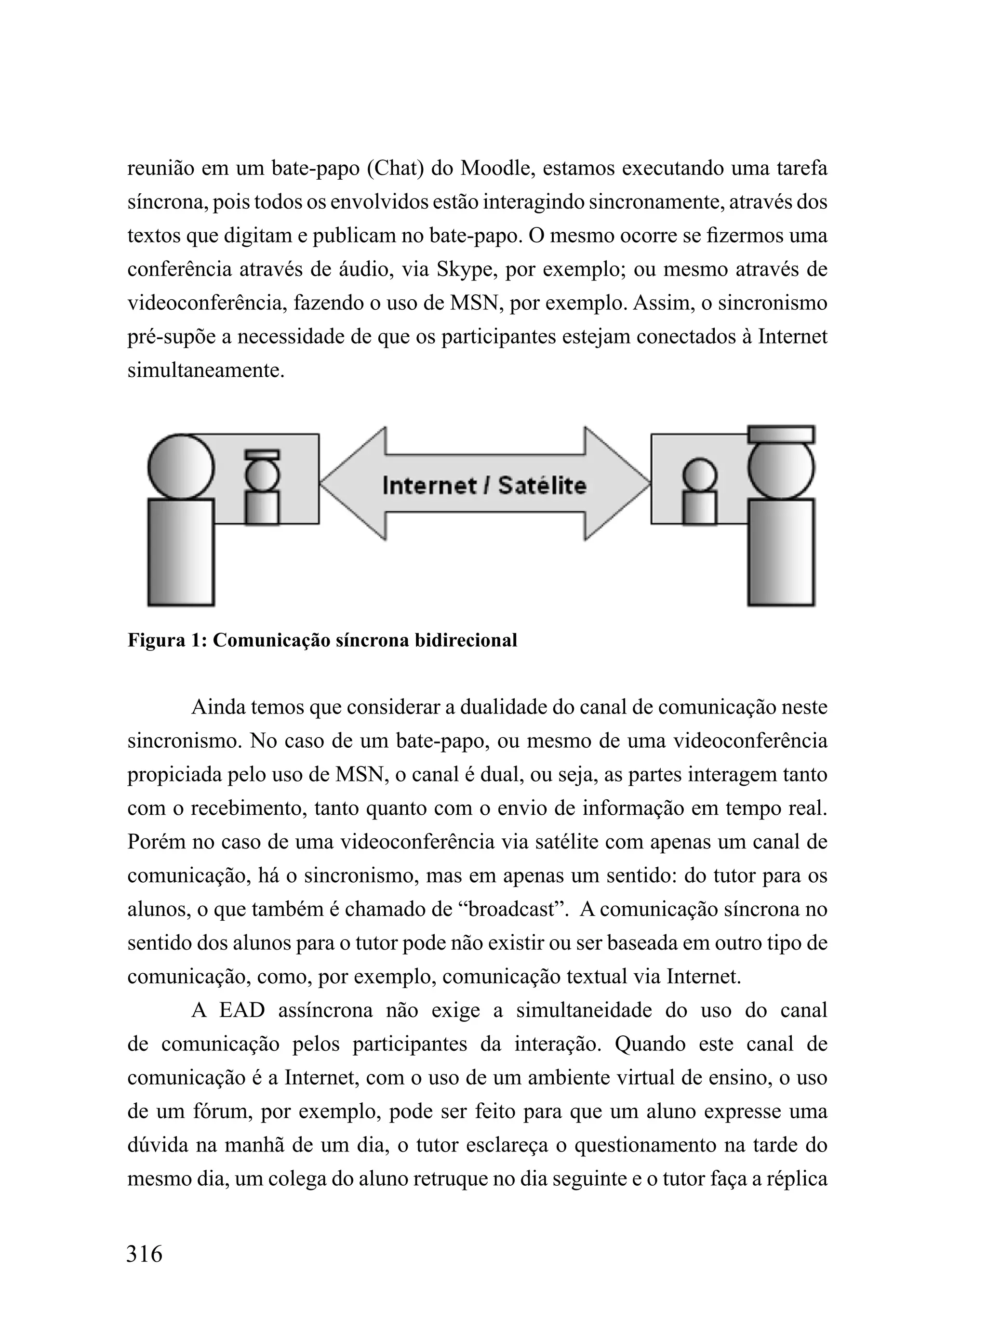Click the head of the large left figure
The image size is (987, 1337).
tap(181, 466)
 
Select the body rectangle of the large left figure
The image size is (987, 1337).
tap(181, 552)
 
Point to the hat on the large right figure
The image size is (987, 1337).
tap(781, 434)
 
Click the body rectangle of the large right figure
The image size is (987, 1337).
tap(781, 552)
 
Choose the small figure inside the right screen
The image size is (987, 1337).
tap(700, 492)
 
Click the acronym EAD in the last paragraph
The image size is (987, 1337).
tap(242, 1010)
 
